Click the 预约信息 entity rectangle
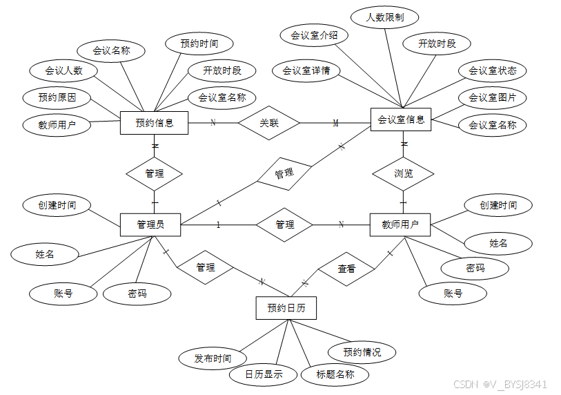(154, 123)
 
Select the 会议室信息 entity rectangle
(401, 119)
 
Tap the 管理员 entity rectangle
(150, 224)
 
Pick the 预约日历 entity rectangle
(286, 307)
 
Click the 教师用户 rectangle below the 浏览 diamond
(401, 224)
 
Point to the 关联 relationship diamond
(269, 123)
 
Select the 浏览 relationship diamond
(404, 173)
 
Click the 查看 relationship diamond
(346, 269)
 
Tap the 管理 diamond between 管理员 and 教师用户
(284, 224)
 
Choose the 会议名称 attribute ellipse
(111, 50)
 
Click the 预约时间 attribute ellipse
(199, 44)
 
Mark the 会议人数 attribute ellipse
(63, 70)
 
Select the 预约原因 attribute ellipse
(57, 97)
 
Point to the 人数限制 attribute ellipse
(385, 17)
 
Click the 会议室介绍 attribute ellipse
(314, 35)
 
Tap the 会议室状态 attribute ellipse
(492, 70)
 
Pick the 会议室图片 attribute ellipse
(492, 97)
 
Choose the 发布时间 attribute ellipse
(213, 358)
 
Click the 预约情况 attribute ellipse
(362, 352)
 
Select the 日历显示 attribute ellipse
(264, 375)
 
